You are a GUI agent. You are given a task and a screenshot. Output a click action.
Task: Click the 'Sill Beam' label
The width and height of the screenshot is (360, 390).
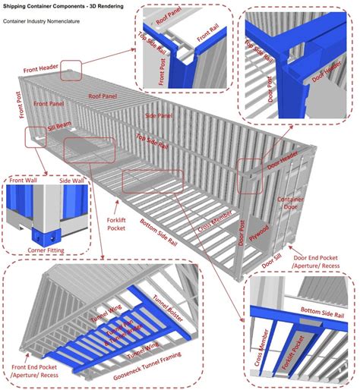(60, 127)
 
